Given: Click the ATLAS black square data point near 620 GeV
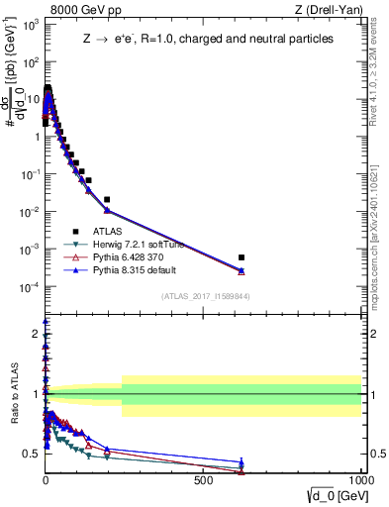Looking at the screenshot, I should pos(242,257).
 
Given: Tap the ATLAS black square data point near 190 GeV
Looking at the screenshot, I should pos(107,199).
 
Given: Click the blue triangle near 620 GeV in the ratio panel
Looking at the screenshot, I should pos(242,462).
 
